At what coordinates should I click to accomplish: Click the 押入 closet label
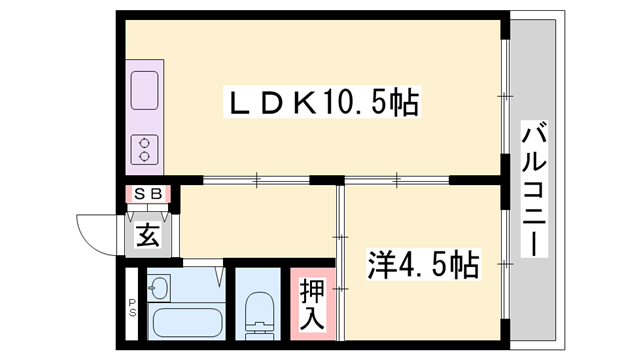(312, 302)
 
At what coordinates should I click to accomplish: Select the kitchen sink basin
(145, 92)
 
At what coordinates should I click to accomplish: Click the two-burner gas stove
(145, 148)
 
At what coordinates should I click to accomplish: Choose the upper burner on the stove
(145, 140)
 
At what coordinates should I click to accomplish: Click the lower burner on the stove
(145, 156)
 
